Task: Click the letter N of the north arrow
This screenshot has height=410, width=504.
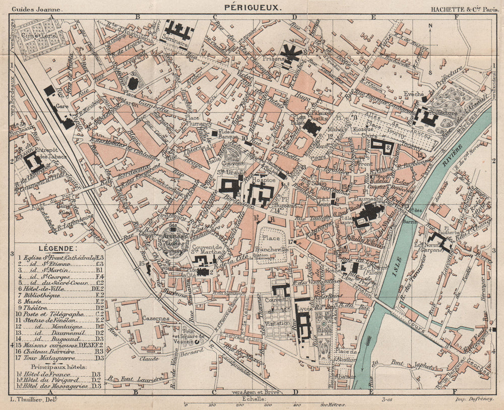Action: point(430,27)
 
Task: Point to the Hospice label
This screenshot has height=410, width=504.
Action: point(264,180)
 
